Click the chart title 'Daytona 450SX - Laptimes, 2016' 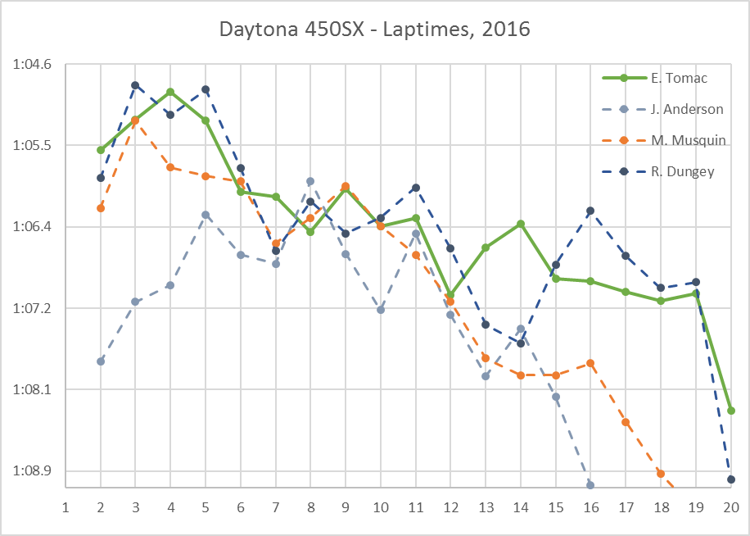point(375,30)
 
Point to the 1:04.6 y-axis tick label point(33,64)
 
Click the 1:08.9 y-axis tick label point(33,471)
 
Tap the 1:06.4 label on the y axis point(33,227)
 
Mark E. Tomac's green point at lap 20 point(730,411)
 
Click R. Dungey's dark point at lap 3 point(135,85)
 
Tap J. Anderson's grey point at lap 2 point(101,361)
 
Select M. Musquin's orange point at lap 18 point(660,474)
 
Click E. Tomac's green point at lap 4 point(170,92)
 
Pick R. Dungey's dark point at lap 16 point(590,211)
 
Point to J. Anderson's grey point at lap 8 point(310,181)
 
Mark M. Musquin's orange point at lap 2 point(101,208)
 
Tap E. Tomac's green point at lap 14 point(521,224)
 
